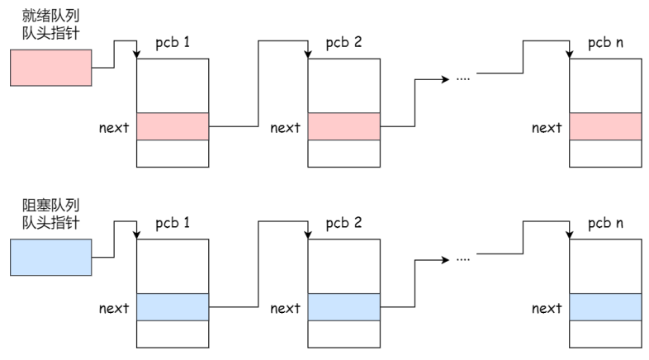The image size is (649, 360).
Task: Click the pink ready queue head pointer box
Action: (51, 68)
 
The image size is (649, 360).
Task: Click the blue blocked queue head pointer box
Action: (51, 257)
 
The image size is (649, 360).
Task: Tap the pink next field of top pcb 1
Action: (173, 126)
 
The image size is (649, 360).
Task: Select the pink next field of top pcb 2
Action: (344, 126)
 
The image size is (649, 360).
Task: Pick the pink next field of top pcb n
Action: (605, 126)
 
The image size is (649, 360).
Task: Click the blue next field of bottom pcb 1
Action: (173, 307)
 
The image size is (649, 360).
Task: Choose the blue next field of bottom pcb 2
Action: (344, 307)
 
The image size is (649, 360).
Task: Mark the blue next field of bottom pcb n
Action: (605, 307)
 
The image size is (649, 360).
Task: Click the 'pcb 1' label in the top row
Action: (173, 43)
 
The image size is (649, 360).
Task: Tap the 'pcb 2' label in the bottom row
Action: (344, 224)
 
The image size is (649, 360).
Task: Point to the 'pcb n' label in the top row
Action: (605, 43)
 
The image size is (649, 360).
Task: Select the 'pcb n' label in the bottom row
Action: (605, 224)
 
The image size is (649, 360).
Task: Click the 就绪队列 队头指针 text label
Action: (50, 25)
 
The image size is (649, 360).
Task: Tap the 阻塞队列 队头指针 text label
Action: (50, 214)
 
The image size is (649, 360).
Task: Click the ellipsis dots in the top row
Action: (462, 78)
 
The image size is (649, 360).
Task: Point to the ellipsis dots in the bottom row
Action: (462, 259)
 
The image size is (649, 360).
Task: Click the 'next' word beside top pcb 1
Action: (114, 127)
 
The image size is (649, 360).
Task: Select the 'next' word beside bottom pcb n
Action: (547, 308)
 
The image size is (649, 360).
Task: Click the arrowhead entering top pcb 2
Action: (308, 54)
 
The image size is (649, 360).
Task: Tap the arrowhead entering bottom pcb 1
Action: (136, 235)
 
